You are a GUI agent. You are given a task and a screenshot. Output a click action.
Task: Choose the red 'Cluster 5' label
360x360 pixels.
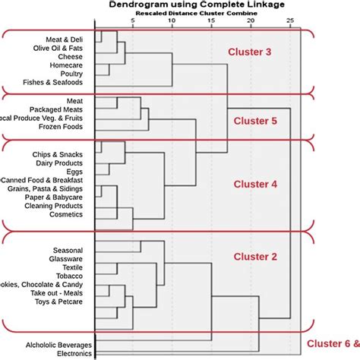pyautogui.click(x=254, y=121)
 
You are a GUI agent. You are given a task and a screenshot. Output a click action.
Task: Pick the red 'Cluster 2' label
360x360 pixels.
pyautogui.click(x=254, y=257)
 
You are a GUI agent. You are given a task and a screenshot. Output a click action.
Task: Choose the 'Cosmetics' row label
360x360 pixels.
pyautogui.click(x=65, y=215)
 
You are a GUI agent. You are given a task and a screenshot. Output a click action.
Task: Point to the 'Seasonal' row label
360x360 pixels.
pyautogui.click(x=67, y=250)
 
